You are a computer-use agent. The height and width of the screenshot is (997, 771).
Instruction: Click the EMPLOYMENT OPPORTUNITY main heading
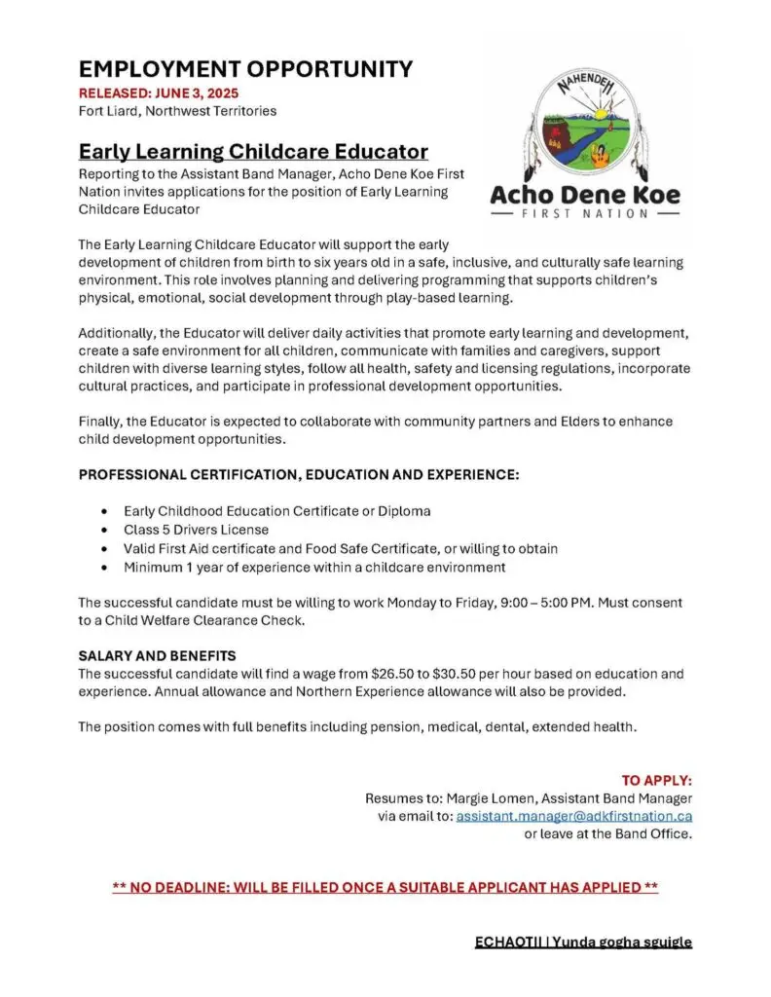(245, 69)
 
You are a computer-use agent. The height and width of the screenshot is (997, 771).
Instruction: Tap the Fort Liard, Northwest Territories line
(177, 111)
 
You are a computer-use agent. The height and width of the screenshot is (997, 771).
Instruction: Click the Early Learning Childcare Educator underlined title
(253, 152)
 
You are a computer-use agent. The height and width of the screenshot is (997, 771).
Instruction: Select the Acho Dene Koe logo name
(585, 195)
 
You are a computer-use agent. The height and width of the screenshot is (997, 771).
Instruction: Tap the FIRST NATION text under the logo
(585, 213)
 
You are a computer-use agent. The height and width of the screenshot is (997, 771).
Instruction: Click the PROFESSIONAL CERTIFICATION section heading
(299, 475)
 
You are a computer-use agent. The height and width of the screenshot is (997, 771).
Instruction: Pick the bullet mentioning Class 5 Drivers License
(196, 530)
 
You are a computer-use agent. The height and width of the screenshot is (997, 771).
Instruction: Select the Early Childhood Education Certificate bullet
(276, 511)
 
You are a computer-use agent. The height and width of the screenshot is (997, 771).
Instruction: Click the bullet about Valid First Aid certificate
(340, 548)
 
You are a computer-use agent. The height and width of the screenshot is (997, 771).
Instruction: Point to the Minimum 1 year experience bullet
(313, 567)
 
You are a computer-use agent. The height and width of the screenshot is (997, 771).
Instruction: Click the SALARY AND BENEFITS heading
(157, 655)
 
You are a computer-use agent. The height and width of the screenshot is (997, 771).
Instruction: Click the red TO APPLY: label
(656, 780)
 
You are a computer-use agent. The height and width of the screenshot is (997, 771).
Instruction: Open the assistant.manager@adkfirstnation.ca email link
(573, 816)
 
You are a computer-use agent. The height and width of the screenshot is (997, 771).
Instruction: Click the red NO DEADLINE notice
(385, 888)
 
